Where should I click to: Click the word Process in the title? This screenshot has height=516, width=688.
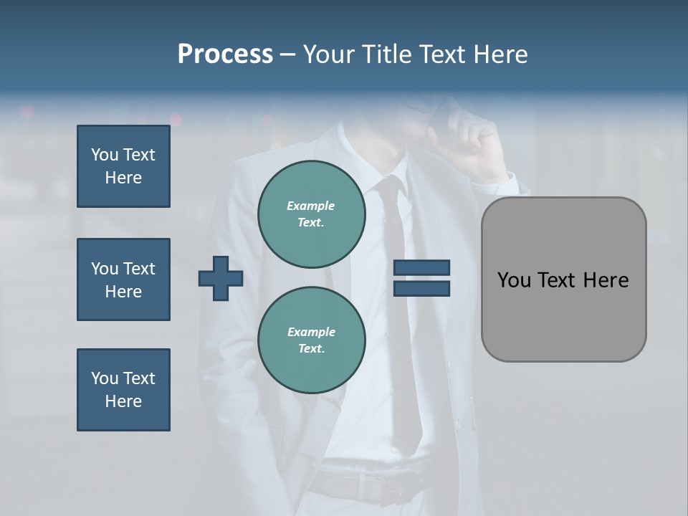(225, 54)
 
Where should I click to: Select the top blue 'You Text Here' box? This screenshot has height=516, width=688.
(123, 166)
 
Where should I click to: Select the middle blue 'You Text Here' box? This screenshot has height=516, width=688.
(123, 279)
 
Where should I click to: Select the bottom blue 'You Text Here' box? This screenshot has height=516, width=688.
(123, 390)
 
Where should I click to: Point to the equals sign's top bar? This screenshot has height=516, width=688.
(421, 268)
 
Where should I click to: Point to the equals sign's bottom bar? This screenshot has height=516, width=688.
(421, 288)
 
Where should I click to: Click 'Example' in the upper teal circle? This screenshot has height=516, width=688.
(310, 206)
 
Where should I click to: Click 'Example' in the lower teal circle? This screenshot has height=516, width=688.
(311, 332)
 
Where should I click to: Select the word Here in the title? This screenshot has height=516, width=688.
(500, 54)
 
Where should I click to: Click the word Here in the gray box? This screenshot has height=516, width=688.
(606, 280)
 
